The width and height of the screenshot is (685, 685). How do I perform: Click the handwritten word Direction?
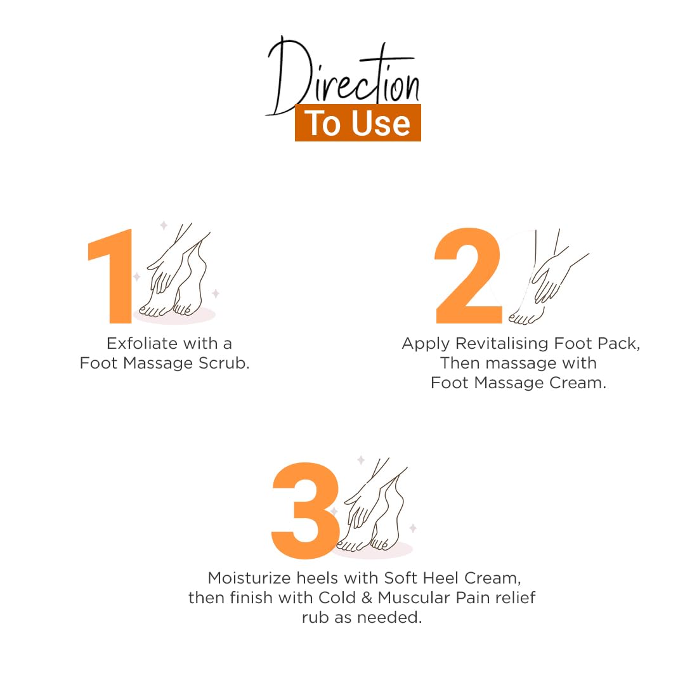pyautogui.click(x=343, y=77)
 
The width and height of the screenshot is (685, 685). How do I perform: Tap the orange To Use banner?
pyautogui.click(x=358, y=123)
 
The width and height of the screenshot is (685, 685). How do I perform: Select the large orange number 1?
pyautogui.click(x=110, y=276)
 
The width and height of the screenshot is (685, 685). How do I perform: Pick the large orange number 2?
pyautogui.click(x=468, y=275)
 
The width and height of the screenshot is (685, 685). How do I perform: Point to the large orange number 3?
pyautogui.click(x=305, y=510)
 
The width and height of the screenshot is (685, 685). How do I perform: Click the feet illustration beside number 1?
pyautogui.click(x=177, y=273)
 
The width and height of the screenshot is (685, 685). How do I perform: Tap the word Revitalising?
pyautogui.click(x=502, y=344)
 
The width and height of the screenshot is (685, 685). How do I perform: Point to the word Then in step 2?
pyautogui.click(x=460, y=363)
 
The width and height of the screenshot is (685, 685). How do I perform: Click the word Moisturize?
pyautogui.click(x=249, y=578)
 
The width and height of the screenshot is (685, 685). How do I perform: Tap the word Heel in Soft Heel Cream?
pyautogui.click(x=441, y=578)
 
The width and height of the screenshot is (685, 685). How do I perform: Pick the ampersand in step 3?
pyautogui.click(x=367, y=597)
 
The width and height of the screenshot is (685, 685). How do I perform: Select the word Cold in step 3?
pyautogui.click(x=337, y=597)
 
